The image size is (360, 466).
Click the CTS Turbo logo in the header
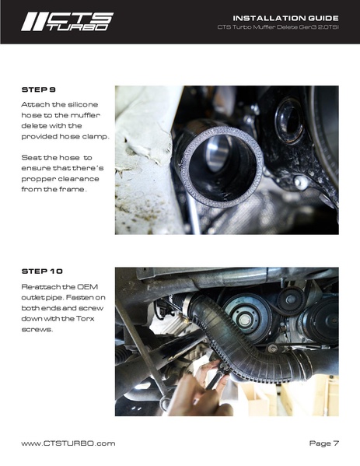67,21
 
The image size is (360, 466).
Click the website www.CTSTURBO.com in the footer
68,443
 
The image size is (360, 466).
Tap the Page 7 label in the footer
323,443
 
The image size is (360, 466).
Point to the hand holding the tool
190,389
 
